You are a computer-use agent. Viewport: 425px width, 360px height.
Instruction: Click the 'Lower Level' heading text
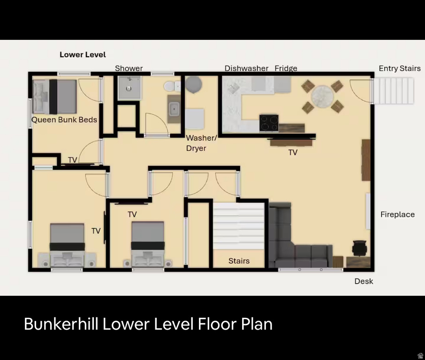tap(83, 55)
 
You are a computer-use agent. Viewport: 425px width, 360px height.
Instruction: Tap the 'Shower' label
tap(129, 68)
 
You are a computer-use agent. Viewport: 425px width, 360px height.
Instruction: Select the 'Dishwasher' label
tap(246, 68)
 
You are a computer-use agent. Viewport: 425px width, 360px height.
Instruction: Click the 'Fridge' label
tap(286, 68)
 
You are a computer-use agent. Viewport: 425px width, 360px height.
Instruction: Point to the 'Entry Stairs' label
tap(400, 68)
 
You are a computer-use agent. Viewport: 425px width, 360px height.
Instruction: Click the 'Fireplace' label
tap(397, 215)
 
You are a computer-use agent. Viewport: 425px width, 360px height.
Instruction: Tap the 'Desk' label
tap(364, 281)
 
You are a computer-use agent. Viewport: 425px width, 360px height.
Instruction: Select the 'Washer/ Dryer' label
tap(202, 143)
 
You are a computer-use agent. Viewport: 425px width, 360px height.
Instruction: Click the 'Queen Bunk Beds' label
tap(64, 120)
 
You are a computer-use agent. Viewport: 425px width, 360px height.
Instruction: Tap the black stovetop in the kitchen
tap(269, 123)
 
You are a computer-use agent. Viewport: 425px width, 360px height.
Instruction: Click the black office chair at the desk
tap(360, 247)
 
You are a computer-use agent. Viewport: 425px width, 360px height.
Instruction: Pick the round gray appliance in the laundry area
tap(193, 84)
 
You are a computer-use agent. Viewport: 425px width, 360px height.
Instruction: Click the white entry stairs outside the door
tap(394, 91)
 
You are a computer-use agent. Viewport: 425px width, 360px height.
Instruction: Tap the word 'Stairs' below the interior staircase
tap(239, 261)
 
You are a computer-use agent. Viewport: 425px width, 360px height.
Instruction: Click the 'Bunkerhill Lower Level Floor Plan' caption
tap(148, 324)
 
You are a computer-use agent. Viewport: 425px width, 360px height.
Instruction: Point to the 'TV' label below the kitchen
tap(293, 153)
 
